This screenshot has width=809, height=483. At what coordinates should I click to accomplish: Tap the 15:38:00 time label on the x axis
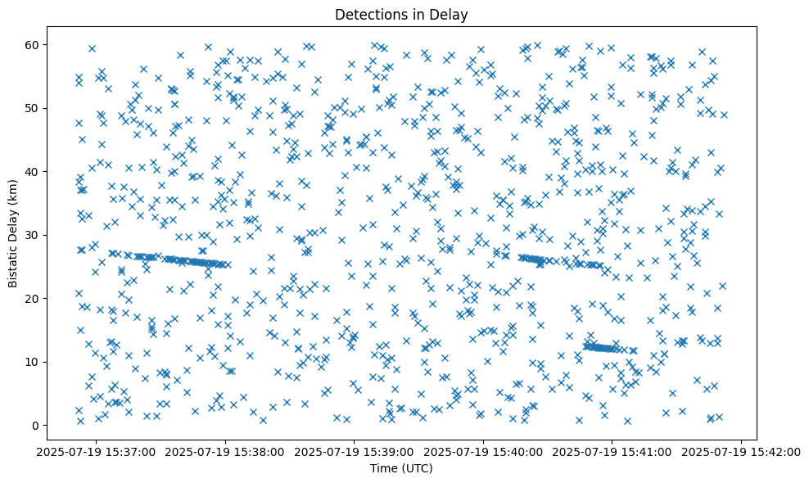[x=224, y=451]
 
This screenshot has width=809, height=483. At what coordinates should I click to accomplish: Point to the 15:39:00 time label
[x=354, y=451]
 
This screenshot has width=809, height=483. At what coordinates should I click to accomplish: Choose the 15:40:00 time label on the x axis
[x=483, y=451]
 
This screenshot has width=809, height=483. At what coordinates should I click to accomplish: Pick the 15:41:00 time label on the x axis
[x=612, y=451]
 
